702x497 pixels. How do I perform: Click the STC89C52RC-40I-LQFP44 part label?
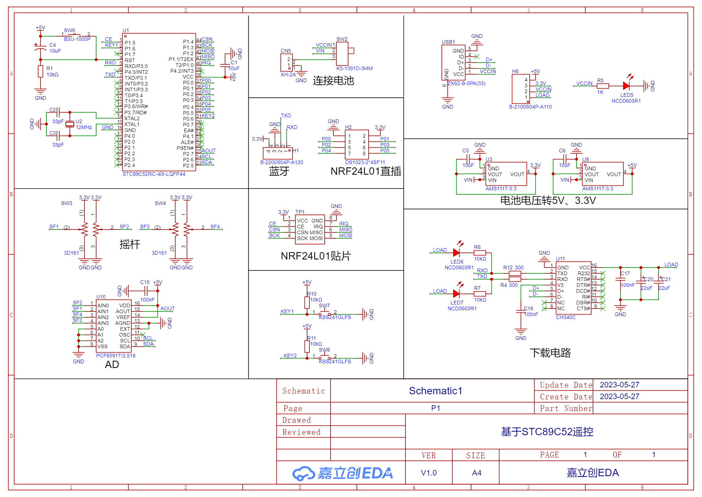154,174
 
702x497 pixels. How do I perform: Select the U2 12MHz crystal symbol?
70,124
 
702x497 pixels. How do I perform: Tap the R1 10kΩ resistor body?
41,71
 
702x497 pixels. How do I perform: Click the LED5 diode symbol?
626,86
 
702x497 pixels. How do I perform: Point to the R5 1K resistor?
603,86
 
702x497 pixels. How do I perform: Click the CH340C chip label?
566,317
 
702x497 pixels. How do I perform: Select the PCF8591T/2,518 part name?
116,356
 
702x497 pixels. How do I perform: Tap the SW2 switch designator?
342,39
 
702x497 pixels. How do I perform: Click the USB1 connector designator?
448,42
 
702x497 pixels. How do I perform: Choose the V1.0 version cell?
429,473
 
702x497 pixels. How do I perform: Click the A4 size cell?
476,473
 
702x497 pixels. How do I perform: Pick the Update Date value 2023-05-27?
619,385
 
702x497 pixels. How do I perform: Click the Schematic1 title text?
435,391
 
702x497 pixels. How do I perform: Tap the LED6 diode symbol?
456,253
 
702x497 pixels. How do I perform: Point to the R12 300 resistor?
515,273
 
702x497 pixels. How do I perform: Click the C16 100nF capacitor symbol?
521,311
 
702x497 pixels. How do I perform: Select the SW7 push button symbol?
325,312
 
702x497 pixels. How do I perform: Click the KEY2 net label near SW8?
290,356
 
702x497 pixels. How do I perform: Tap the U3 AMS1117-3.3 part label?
501,189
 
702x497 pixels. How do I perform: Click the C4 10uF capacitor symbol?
41,48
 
